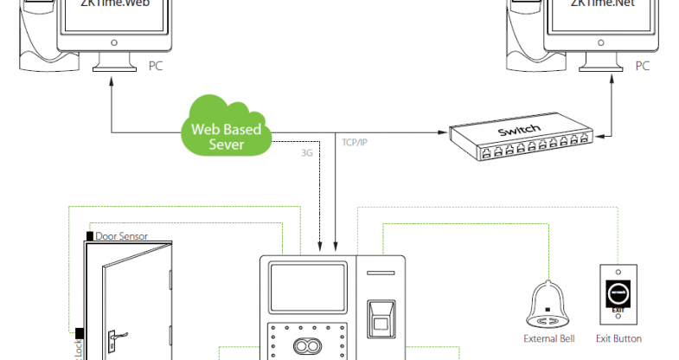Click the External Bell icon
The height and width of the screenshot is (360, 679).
point(547,304)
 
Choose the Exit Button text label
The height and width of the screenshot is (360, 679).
point(618,338)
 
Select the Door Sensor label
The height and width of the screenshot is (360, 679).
point(121,235)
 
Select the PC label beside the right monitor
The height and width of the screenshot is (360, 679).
point(642,65)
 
